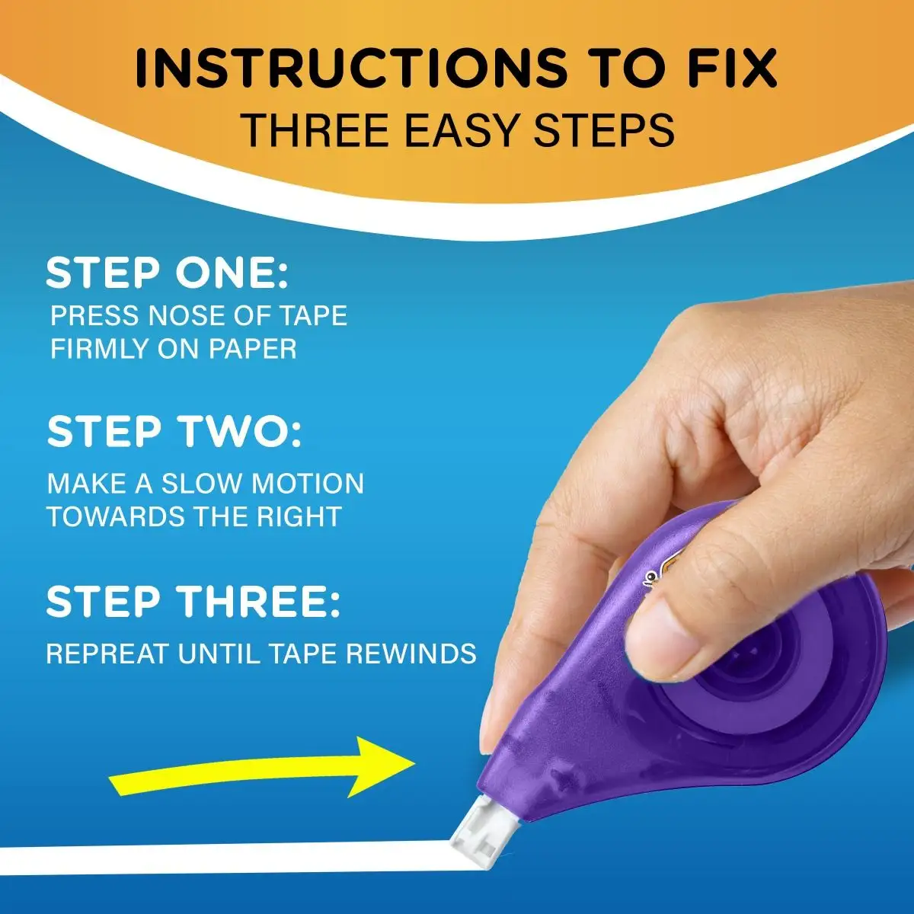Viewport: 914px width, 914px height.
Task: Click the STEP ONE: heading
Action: pos(168,273)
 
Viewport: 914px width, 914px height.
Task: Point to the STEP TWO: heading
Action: pos(174,432)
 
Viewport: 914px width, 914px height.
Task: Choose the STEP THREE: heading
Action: pos(193,602)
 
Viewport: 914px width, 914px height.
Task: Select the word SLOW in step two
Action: pos(203,484)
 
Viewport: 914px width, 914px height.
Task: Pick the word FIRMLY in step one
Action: pos(97,350)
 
